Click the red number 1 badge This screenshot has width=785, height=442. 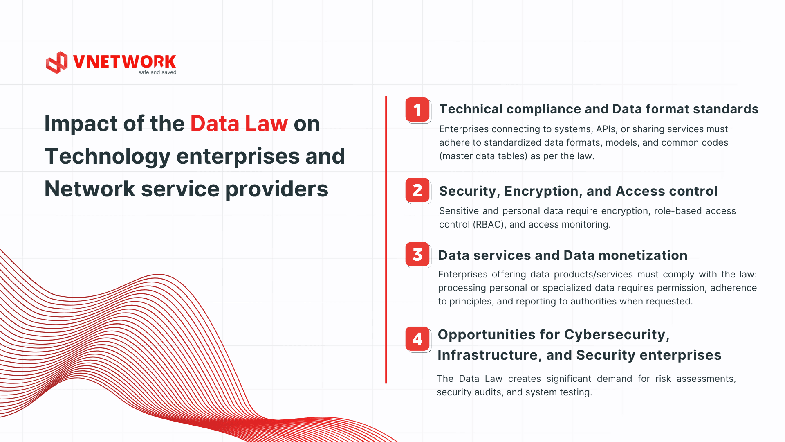click(417, 110)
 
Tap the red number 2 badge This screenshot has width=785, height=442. click(417, 190)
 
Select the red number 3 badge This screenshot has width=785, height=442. click(417, 255)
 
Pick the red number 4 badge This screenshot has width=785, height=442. click(417, 339)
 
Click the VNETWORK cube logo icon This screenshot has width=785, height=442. click(57, 63)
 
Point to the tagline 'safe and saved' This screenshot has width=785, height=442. click(157, 72)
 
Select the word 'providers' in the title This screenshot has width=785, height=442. click(277, 189)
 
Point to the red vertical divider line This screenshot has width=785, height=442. click(386, 240)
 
